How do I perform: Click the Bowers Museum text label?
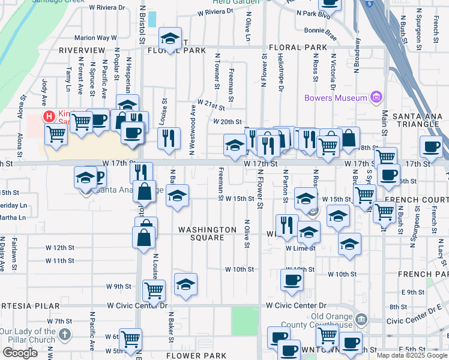point(336,98)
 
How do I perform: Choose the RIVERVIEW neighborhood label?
point(82,50)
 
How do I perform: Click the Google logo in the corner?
point(20,353)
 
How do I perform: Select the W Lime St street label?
point(300,248)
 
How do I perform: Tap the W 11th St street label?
point(60,261)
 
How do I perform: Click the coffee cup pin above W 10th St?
point(292,280)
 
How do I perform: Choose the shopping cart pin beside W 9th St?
point(154,291)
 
